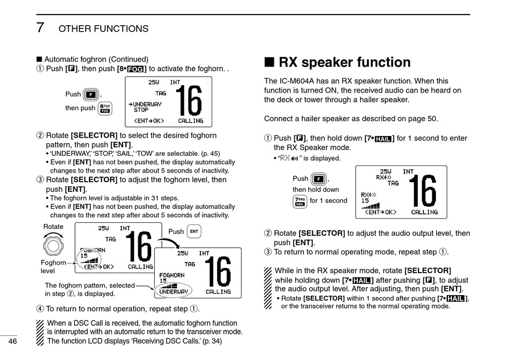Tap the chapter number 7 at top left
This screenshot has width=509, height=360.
tap(40, 27)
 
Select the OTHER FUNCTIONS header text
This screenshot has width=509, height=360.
tap(103, 28)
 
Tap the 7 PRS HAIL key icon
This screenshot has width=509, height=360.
tap(300, 201)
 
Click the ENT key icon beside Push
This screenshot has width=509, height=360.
tap(194, 231)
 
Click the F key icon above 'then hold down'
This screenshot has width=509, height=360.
tap(319, 178)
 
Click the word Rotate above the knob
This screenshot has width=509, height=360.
tap(53, 227)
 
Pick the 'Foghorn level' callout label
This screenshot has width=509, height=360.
tap(53, 267)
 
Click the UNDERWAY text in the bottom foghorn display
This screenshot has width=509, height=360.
tap(174, 292)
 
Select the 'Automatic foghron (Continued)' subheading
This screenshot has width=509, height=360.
tap(96, 59)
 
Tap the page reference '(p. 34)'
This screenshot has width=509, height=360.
tap(210, 341)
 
